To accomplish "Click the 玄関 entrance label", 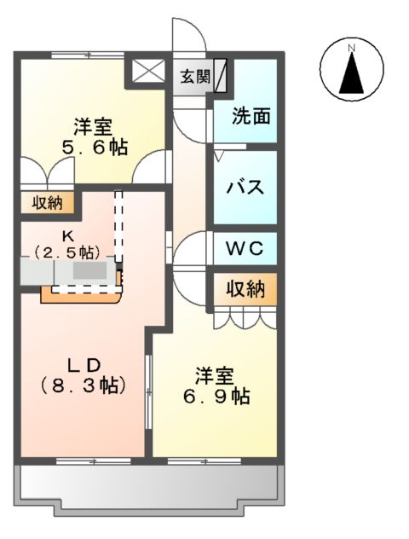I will click(195, 76).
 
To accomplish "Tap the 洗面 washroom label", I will click(252, 115).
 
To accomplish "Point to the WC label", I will click(245, 250).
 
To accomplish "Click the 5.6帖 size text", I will click(94, 148).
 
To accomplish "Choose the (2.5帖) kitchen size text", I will click(67, 252).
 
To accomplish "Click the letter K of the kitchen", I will click(66, 236).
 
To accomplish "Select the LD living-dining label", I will click(84, 363).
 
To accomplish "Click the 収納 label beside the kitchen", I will click(46, 203).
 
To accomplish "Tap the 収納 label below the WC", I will click(245, 288).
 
